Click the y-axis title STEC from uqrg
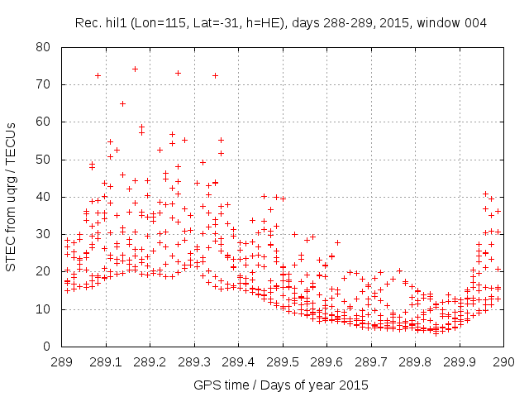click(x=12, y=196)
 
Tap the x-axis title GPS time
click(x=281, y=385)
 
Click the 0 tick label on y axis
click(x=52, y=347)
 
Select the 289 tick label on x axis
click(x=62, y=361)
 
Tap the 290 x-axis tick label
click(x=503, y=361)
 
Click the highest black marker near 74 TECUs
click(x=135, y=69)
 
